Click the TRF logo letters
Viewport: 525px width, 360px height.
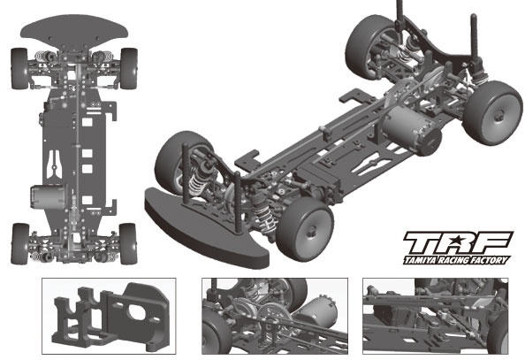[x=458, y=242]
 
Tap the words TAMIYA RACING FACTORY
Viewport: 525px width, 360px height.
[x=457, y=260]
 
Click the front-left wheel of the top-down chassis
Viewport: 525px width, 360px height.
[x=19, y=69]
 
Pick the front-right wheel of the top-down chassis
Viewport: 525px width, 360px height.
[x=129, y=69]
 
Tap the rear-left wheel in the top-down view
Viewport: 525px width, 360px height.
[x=20, y=244]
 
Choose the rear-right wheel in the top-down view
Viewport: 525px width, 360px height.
[x=128, y=244]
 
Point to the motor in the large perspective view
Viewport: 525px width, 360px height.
[x=410, y=131]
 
